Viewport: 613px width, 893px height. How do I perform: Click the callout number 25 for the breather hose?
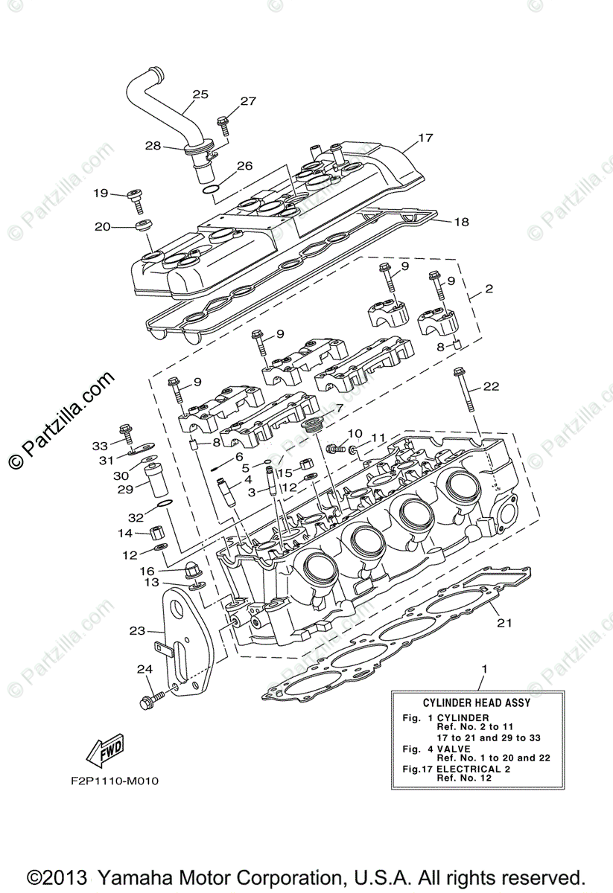[x=200, y=95]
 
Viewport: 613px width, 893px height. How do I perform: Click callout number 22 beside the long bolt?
[x=490, y=386]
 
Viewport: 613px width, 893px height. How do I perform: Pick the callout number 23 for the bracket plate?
[x=136, y=630]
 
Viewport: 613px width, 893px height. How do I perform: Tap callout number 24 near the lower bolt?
[x=144, y=669]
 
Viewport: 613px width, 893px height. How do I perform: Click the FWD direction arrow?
[x=105, y=752]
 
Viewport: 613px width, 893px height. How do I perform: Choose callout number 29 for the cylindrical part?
[x=125, y=489]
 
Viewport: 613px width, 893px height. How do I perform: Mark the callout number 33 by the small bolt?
[x=100, y=446]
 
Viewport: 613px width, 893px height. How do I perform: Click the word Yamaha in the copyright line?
[x=136, y=876]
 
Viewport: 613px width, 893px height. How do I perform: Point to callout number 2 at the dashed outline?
[x=489, y=288]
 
